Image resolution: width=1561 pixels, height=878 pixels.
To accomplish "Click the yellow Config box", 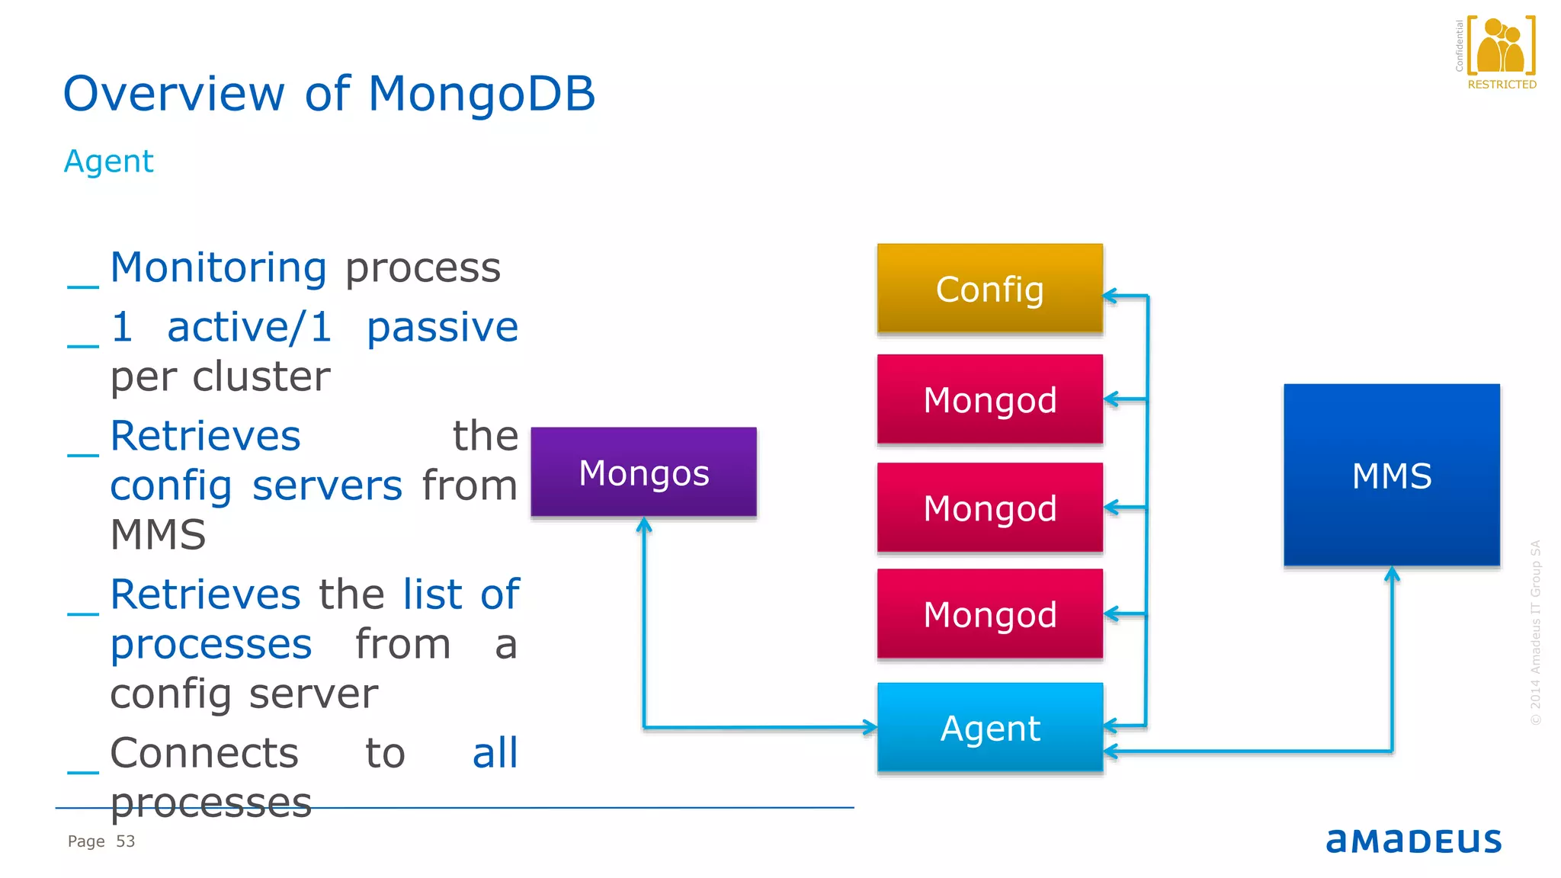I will coord(989,289).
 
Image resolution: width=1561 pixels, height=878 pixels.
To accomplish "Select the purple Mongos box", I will coord(643,472).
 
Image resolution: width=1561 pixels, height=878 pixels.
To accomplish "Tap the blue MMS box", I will coord(1391,475).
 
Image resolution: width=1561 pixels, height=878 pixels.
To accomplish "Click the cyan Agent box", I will coord(989,728).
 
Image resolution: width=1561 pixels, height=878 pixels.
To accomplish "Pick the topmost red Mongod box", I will coord(989,399).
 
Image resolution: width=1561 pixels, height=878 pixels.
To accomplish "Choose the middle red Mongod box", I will coord(989,508).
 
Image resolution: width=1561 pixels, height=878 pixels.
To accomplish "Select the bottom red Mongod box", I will coord(989,614).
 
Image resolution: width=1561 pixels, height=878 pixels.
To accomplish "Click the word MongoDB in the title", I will coord(481,94).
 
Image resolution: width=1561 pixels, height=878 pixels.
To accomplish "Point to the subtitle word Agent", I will coord(108,162).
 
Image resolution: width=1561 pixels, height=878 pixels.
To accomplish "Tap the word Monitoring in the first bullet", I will coord(218,268).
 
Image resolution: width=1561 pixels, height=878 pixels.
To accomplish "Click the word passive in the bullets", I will coord(442,328).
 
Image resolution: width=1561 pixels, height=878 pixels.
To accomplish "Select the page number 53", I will coord(125,841).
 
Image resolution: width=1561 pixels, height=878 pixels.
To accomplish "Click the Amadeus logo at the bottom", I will coord(1413,841).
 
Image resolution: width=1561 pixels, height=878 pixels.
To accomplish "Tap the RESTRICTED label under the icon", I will coord(1502,85).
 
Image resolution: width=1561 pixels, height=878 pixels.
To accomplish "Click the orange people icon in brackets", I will coord(1500,46).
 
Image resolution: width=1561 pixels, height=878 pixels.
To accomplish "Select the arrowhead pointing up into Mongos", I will coord(644,524).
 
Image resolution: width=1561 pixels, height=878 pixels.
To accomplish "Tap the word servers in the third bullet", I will coord(327,486).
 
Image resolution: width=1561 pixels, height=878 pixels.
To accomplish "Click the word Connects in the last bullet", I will coord(204,754).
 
